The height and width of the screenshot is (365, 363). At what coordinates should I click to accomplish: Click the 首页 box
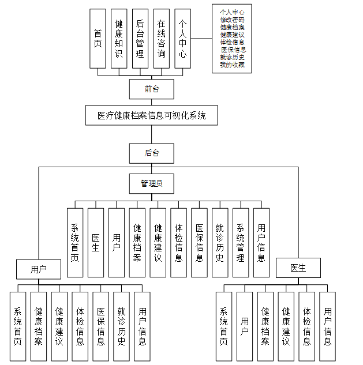[98, 39]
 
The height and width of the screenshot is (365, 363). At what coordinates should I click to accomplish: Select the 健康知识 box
[119, 39]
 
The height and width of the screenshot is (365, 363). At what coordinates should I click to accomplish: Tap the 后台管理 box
[140, 39]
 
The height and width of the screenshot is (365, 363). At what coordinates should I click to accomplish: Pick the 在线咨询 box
[161, 39]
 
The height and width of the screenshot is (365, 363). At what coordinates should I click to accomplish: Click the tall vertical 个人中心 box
[182, 39]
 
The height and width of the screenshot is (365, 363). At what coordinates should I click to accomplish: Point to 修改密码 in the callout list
[232, 19]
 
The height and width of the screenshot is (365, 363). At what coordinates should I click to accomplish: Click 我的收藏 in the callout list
[232, 64]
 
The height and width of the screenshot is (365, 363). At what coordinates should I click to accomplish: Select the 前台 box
[151, 88]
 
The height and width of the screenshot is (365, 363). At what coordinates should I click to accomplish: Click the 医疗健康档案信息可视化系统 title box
[151, 115]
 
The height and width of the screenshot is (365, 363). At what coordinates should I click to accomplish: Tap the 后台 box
[151, 153]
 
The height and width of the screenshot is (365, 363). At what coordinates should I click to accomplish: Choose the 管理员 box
[151, 184]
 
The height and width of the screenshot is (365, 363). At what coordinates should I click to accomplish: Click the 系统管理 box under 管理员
[241, 243]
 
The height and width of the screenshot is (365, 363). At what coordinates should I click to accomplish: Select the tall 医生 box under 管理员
[96, 243]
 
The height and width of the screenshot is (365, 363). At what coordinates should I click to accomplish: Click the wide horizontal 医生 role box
[298, 268]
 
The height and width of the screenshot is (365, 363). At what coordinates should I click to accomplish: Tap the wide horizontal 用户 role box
[39, 268]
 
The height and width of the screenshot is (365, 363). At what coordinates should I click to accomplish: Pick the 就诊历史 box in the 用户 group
[121, 326]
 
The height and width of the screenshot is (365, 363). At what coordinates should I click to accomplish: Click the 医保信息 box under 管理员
[199, 243]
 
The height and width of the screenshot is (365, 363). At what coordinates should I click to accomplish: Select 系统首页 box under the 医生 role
[224, 326]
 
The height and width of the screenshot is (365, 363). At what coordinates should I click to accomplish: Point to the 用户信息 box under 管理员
[261, 243]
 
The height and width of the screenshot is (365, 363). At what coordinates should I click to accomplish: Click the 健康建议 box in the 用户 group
[59, 326]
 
